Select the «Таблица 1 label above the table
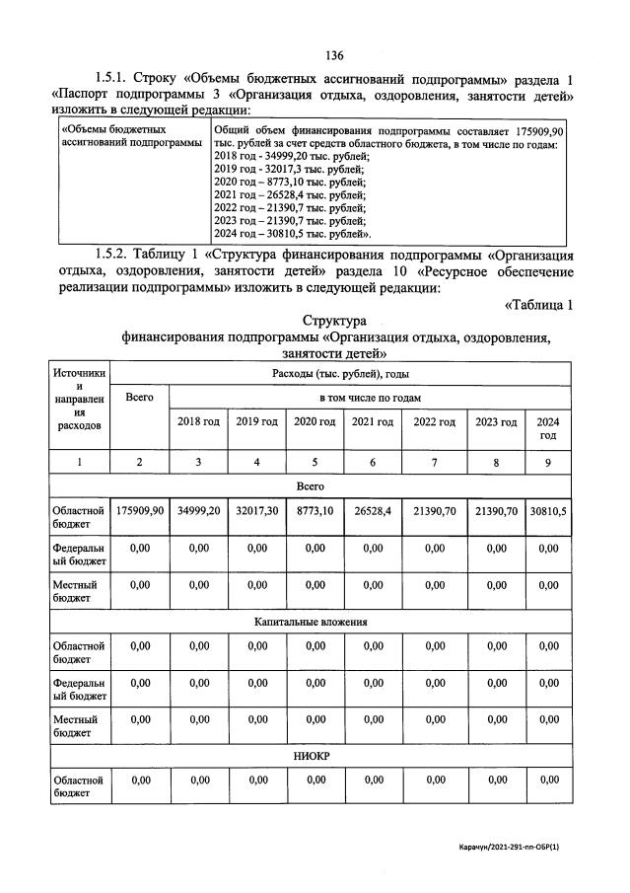tap(538, 305)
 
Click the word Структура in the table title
tap(334, 322)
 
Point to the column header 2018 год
tap(197, 422)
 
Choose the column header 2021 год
tap(373, 422)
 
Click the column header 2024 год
tap(548, 428)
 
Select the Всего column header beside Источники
tap(139, 397)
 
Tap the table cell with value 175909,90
tap(139, 511)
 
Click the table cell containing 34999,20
tap(197, 511)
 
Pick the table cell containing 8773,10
tap(315, 511)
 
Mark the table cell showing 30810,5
tap(548, 511)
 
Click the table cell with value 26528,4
tap(373, 511)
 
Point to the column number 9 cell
tap(548, 462)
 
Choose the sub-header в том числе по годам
tap(369, 397)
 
